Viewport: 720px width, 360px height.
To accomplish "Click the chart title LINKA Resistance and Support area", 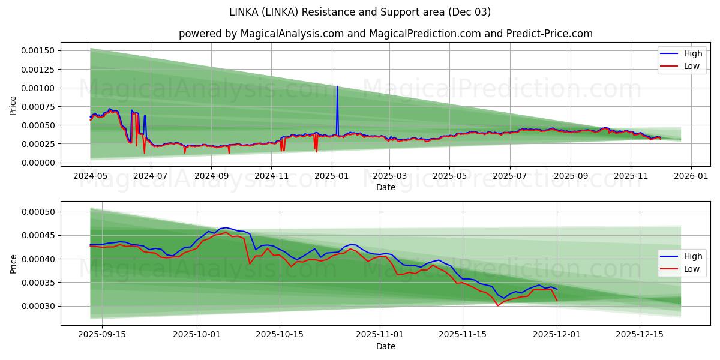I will point(360,12).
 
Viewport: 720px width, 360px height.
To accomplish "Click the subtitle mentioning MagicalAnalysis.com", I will point(385,34).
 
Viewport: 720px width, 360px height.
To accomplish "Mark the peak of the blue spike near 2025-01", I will point(337,86).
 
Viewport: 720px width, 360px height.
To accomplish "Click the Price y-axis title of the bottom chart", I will point(13,263).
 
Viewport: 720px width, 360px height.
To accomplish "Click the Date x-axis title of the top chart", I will point(385,187).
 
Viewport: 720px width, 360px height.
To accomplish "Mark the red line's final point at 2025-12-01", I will point(557,300).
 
